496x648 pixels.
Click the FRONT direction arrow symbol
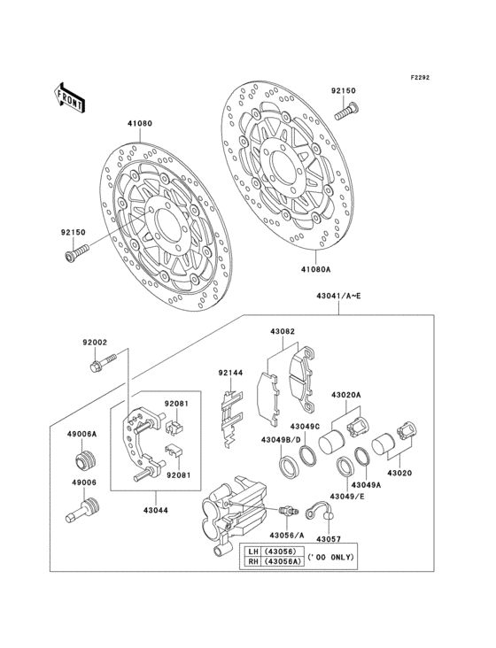(70, 96)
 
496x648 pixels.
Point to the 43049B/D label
(280, 440)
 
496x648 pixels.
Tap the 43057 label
(329, 538)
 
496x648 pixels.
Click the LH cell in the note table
(252, 552)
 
